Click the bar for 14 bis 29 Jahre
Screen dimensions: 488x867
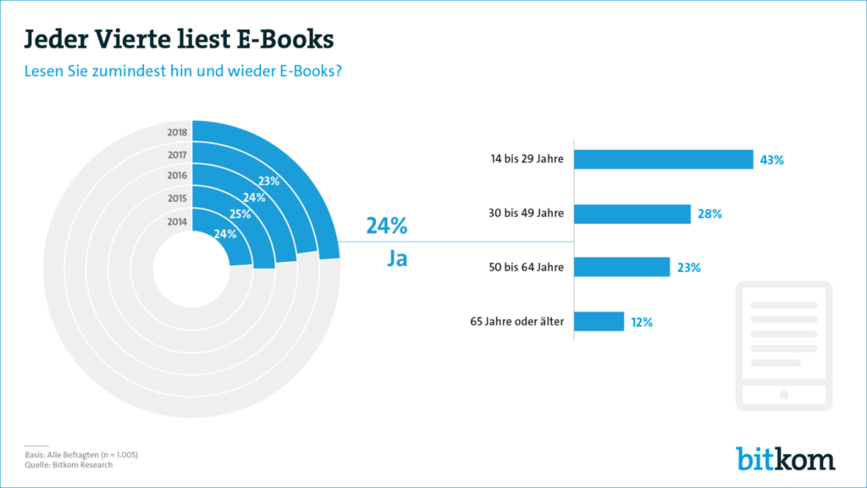(x=665, y=159)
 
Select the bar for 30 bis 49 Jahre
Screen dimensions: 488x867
(x=633, y=213)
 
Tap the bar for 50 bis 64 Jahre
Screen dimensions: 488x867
(x=623, y=267)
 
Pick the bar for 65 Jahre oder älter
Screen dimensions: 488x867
(x=600, y=321)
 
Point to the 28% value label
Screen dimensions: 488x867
(x=710, y=214)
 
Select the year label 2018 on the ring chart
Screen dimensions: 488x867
(x=177, y=132)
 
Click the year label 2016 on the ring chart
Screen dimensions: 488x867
(x=177, y=175)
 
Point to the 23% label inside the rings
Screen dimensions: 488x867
(x=269, y=180)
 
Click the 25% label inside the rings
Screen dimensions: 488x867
(x=240, y=215)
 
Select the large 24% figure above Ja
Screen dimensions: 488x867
(x=387, y=226)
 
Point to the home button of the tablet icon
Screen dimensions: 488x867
(x=784, y=395)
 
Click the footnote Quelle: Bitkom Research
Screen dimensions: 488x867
(x=69, y=464)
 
